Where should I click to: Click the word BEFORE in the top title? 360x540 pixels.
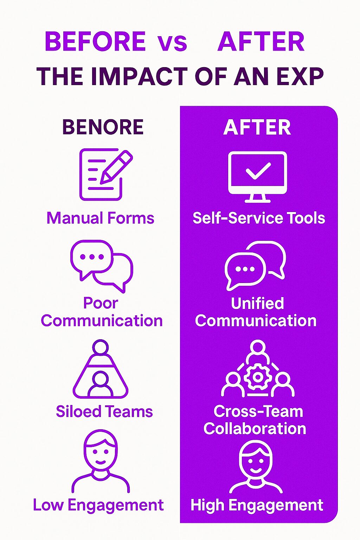point(95,41)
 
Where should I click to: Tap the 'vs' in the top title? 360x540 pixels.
point(173,43)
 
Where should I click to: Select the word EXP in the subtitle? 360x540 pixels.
point(300,76)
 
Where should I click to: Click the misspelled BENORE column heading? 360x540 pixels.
point(103,127)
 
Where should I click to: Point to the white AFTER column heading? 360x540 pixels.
point(257,127)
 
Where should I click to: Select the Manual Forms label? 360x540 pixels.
point(100,218)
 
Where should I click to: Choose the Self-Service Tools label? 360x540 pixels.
point(259,218)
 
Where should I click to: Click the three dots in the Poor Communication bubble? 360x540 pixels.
point(92,257)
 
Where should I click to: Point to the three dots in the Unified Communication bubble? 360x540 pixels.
point(245,269)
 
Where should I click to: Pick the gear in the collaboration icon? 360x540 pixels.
point(257,377)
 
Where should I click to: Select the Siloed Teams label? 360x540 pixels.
point(104,411)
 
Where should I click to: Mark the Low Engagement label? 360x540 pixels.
point(98,505)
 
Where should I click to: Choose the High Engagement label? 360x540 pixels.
point(257,505)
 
